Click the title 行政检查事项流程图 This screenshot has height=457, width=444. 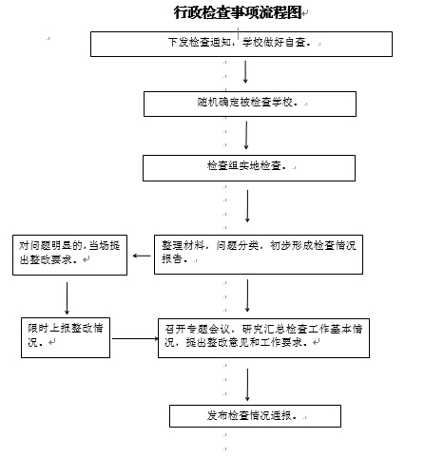238,12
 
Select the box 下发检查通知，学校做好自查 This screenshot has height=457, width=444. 241,44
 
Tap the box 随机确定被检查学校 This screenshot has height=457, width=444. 250,104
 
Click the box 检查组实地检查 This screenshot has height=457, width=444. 249,168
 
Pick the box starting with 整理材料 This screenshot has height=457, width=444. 259,255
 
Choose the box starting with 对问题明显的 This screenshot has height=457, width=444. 69,255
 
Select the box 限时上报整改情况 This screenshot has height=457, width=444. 66,337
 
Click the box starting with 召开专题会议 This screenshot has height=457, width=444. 263,338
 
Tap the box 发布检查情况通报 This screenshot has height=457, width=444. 255,416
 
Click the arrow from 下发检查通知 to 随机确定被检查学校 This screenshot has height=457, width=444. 245,72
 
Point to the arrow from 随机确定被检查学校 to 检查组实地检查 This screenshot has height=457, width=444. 246,135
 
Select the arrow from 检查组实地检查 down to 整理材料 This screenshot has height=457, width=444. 247,206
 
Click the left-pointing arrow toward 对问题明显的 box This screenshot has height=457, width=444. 142,256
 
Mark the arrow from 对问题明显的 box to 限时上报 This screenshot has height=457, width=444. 67,298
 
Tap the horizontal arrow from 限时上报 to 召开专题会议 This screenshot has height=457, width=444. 135,338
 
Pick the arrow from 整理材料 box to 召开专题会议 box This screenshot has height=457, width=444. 247,295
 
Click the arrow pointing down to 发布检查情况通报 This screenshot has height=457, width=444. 247,385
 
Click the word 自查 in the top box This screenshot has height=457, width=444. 296,42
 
